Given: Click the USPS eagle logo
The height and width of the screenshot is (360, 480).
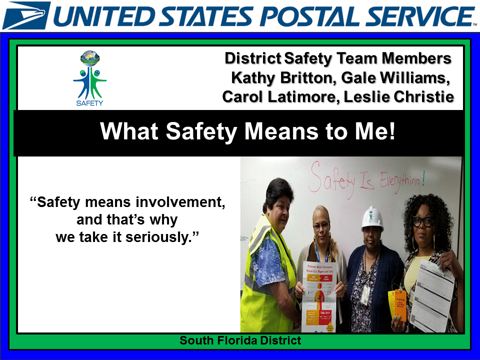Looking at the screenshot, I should click(26, 15).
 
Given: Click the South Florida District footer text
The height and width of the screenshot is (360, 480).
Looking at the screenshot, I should click(240, 340).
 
